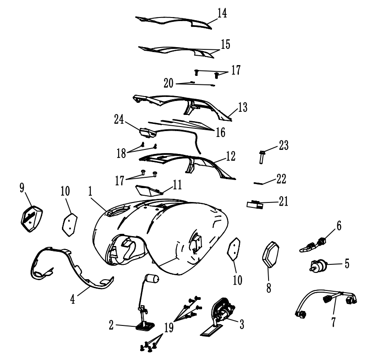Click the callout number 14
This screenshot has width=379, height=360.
pyautogui.click(x=222, y=13)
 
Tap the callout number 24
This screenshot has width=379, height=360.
pyautogui.click(x=119, y=119)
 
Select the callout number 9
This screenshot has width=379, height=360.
pyautogui.click(x=22, y=188)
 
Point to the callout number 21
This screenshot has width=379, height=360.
pyautogui.click(x=283, y=202)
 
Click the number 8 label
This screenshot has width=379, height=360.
pyautogui.click(x=269, y=288)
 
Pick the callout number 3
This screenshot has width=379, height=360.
pyautogui.click(x=242, y=324)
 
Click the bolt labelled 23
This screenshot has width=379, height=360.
pyautogui.click(x=261, y=157)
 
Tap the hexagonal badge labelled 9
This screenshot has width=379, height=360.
pyautogui.click(x=31, y=219)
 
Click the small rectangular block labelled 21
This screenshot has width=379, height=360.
pyautogui.click(x=255, y=204)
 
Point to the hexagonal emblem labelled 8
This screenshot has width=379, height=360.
pyautogui.click(x=271, y=255)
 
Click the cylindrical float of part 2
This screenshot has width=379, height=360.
pyautogui.click(x=152, y=279)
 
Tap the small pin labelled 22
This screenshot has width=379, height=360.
pyautogui.click(x=258, y=183)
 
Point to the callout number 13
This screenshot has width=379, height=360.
pyautogui.click(x=242, y=107)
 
